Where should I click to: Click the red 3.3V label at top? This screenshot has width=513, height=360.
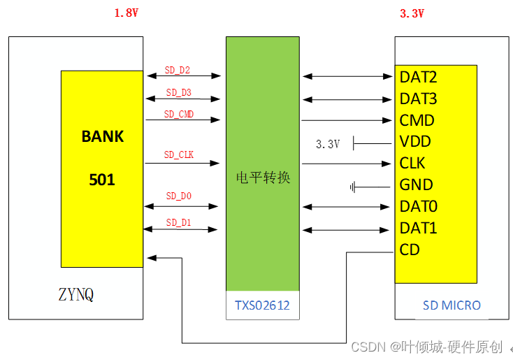click(412, 13)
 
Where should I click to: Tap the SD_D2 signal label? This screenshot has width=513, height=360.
click(178, 70)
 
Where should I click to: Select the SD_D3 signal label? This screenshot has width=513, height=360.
click(178, 92)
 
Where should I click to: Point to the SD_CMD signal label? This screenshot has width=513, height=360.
click(179, 114)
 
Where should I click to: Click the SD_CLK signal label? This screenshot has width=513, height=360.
click(179, 155)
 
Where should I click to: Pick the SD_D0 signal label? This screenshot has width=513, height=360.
click(178, 196)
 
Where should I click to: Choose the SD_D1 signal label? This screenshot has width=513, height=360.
click(178, 223)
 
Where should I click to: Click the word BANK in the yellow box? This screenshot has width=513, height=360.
click(102, 136)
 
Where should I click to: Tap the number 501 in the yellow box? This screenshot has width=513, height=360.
click(102, 180)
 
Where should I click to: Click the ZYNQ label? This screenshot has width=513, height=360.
click(75, 294)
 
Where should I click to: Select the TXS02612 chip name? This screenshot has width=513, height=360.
click(262, 305)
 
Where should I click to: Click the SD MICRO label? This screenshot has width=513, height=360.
click(451, 305)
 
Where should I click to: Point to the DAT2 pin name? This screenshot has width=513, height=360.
click(418, 77)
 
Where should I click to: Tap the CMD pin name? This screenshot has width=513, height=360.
click(417, 120)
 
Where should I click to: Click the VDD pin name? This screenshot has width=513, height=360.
click(415, 142)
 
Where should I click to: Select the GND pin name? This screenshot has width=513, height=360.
click(416, 185)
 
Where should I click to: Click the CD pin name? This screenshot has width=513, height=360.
click(410, 250)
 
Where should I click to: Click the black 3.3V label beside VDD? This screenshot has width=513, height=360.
click(327, 144)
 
